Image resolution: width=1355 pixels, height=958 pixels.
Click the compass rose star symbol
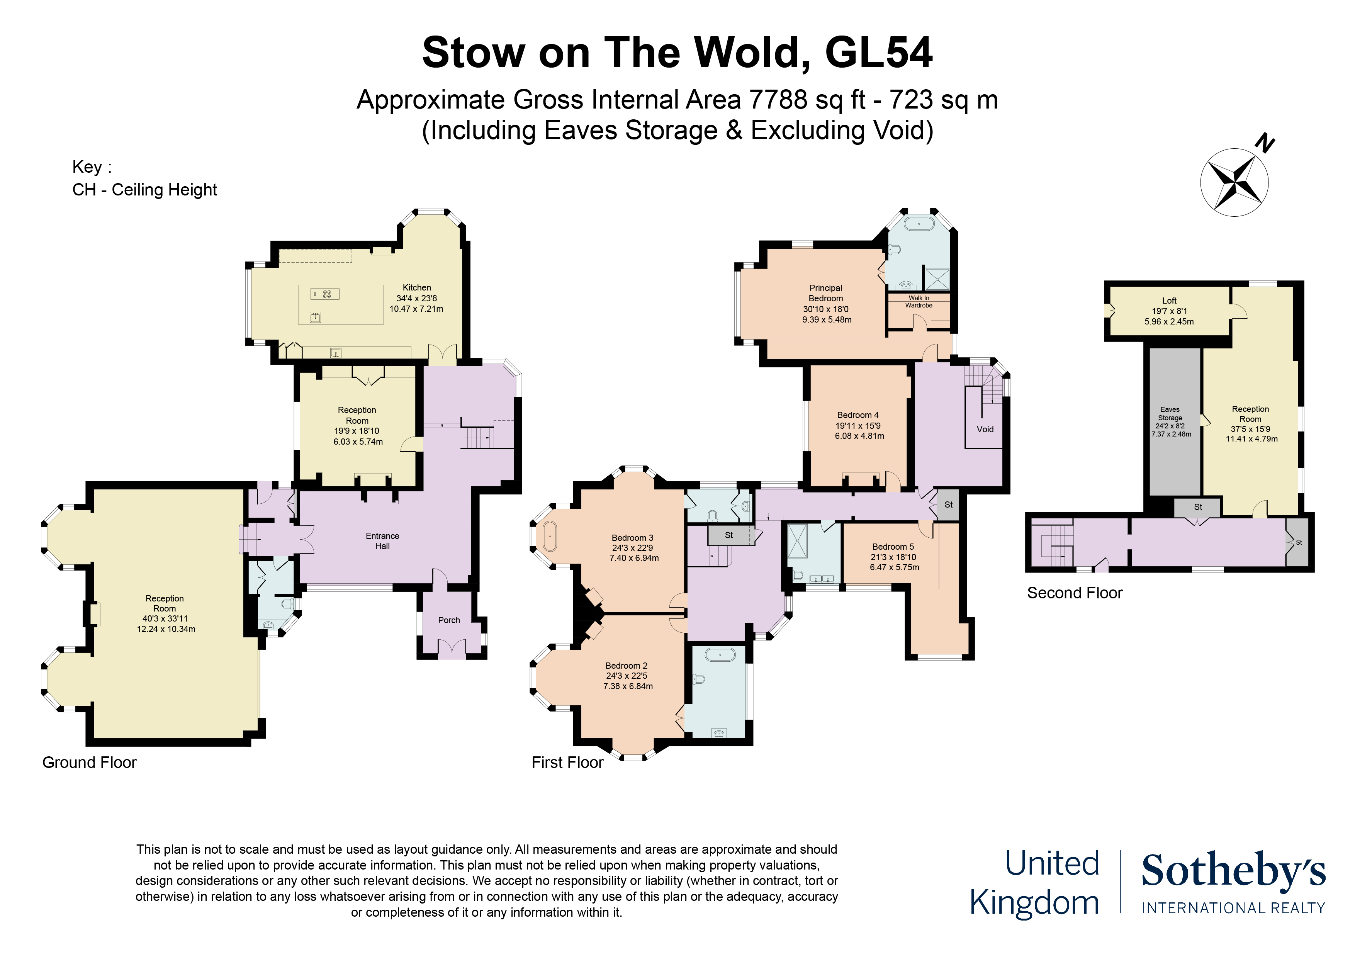tap(1234, 182)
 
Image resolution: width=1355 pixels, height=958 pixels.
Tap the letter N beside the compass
tap(1265, 143)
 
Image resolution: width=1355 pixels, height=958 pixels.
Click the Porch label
tap(449, 620)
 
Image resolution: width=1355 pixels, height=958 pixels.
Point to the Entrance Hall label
tap(382, 541)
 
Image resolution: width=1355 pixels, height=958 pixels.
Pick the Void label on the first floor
tap(985, 429)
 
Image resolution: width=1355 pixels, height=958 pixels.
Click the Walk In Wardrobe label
tap(919, 302)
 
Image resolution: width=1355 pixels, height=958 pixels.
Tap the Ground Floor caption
tap(89, 762)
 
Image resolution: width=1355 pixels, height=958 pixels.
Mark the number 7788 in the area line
tap(778, 99)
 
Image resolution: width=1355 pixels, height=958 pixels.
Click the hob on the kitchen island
tap(325, 293)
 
